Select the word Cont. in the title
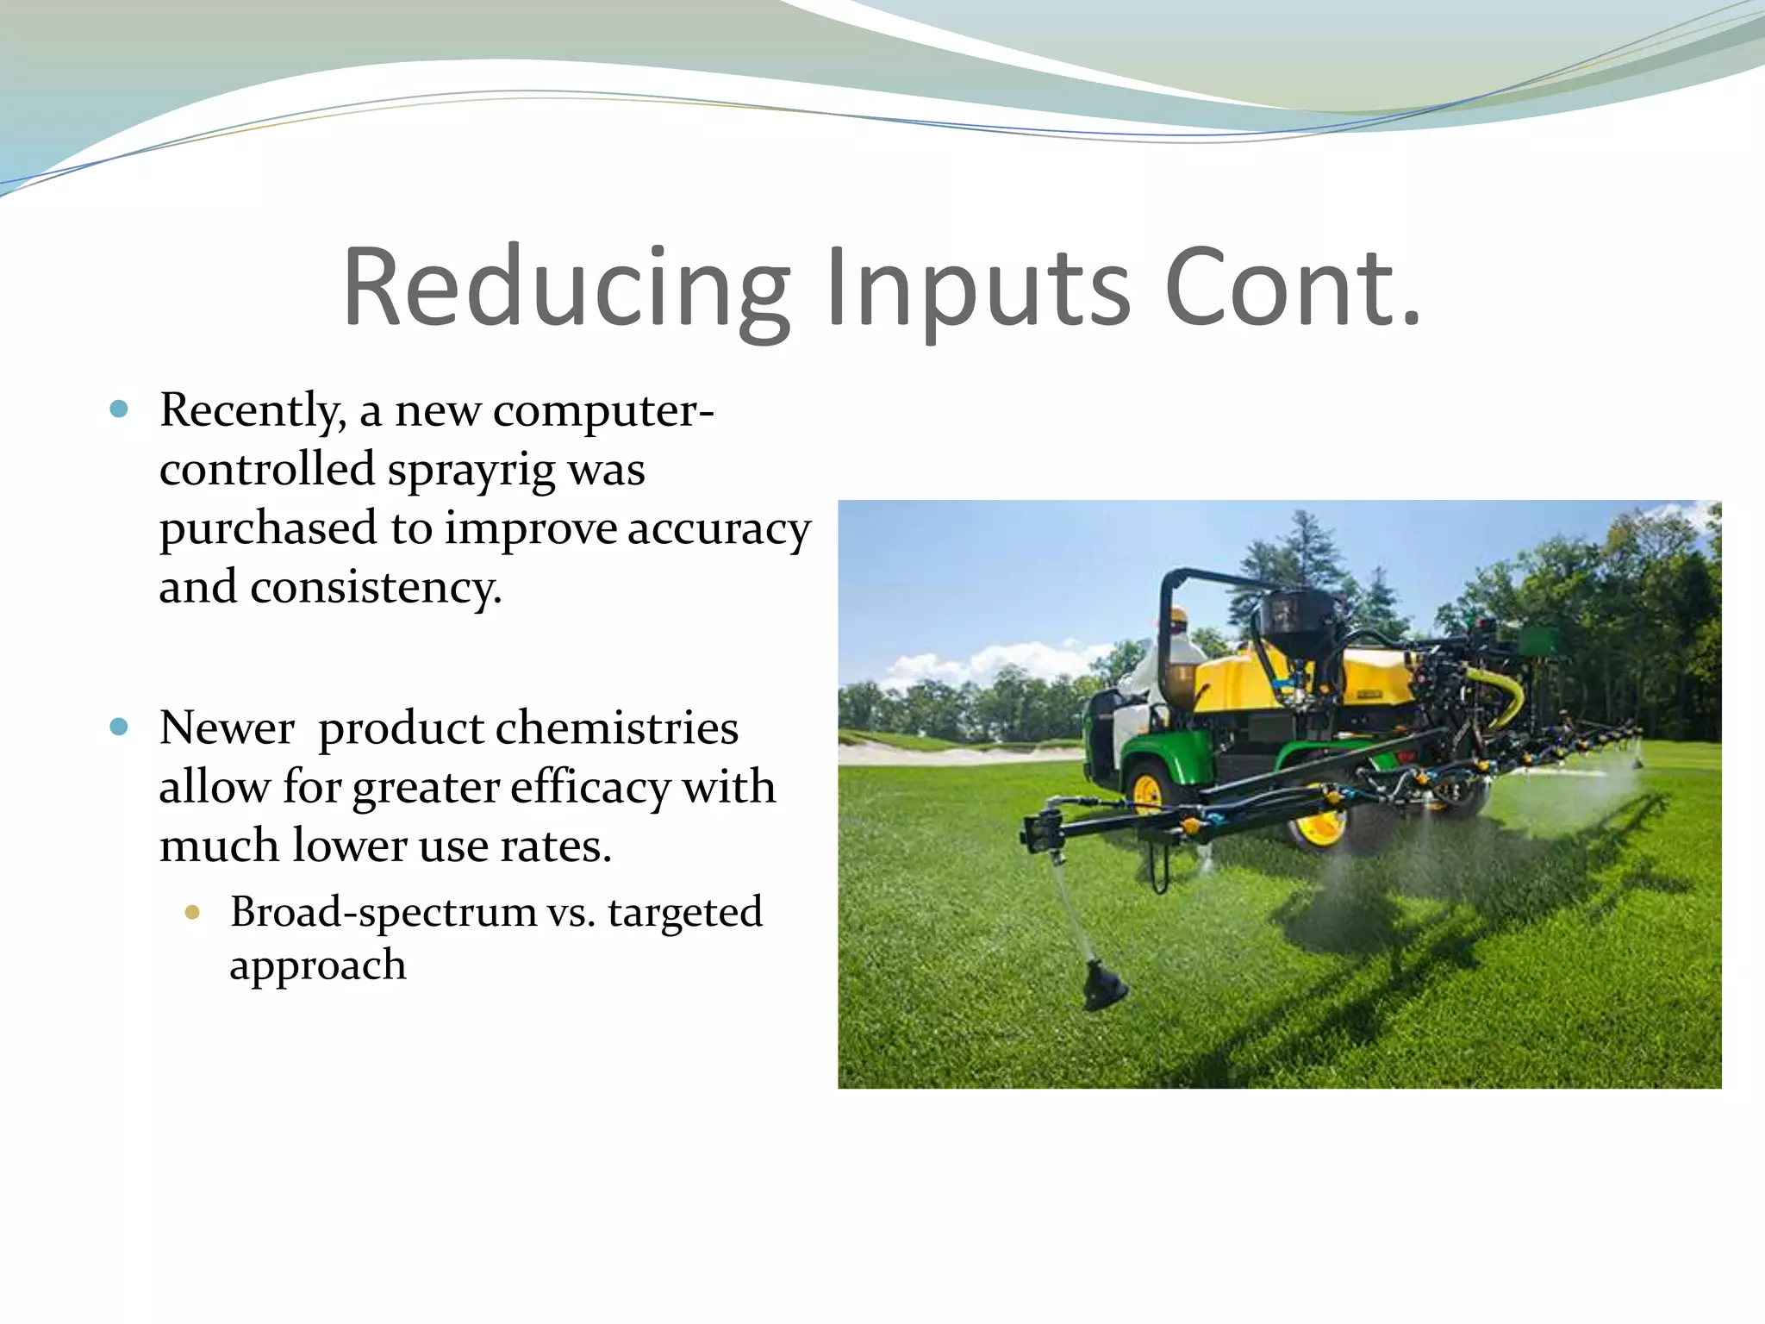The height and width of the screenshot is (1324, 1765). pos(1292,289)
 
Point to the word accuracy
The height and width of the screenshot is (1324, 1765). pos(719,529)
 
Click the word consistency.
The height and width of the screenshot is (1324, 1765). pos(376,588)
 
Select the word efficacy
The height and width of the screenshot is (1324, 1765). pos(588,788)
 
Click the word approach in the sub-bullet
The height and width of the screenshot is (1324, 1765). pos(317,965)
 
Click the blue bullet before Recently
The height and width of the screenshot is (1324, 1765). pos(120,409)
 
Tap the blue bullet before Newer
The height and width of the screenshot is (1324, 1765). pos(120,727)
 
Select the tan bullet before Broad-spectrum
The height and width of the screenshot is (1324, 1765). pos(192,912)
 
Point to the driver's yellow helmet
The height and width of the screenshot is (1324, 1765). pos(1177,615)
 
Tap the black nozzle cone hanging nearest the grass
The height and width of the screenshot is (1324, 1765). pos(1102,987)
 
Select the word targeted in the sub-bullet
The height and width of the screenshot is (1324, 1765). pos(685,912)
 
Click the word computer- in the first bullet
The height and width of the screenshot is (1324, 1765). pos(603,410)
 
